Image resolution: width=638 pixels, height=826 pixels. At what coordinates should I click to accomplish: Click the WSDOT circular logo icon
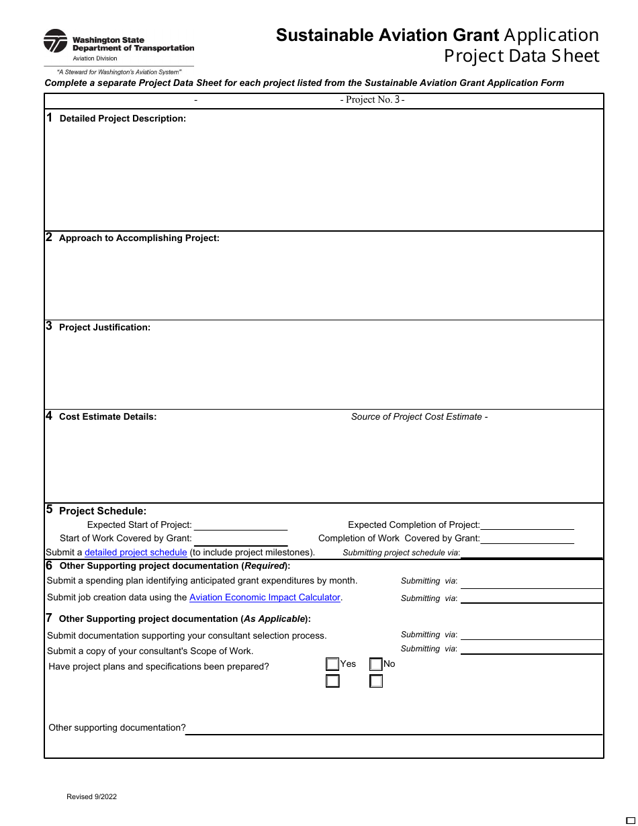(55, 41)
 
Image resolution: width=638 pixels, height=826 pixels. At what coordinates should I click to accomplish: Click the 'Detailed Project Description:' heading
(122, 119)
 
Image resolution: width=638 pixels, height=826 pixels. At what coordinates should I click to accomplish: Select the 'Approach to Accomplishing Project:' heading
(139, 238)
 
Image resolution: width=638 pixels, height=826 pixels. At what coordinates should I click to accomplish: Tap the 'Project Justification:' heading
(105, 328)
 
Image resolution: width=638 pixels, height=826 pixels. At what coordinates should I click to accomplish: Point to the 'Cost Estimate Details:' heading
(107, 417)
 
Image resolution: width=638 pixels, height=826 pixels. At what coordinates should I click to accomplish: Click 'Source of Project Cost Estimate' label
(416, 417)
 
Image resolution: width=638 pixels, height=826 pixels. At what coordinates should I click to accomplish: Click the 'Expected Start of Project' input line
(240, 525)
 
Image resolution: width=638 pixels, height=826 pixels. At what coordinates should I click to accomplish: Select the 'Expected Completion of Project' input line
(527, 525)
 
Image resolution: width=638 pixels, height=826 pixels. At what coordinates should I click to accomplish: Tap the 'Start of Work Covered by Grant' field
(240, 539)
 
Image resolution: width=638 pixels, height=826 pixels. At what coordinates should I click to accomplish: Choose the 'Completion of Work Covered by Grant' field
(527, 539)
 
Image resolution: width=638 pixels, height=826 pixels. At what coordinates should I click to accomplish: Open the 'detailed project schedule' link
(136, 553)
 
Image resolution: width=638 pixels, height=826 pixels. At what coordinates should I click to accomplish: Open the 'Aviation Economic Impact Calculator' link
(265, 598)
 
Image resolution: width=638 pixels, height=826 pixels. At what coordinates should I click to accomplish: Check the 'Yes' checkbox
(332, 664)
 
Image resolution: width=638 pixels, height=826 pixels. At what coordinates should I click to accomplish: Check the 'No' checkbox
(376, 664)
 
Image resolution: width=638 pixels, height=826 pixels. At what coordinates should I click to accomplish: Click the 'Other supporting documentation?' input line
(393, 728)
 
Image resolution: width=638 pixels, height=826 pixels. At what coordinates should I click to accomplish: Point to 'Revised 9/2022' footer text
(91, 797)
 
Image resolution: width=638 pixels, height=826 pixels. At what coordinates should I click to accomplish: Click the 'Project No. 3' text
(372, 100)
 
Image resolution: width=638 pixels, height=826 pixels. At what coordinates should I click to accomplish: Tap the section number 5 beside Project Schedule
(49, 510)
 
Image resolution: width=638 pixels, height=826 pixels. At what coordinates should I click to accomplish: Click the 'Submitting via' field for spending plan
(531, 582)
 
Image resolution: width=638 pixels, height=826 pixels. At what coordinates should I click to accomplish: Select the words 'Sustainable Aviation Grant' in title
(388, 36)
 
